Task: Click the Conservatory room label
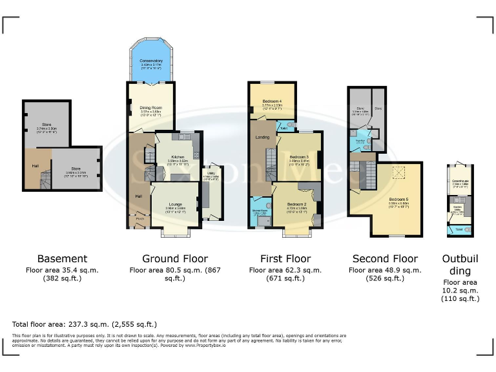point(151,61)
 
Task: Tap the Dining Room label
point(151,108)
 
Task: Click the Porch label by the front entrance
point(139,219)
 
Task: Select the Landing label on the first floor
point(263,137)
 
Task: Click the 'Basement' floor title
point(61,258)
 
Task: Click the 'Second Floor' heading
point(384,258)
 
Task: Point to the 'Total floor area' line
point(84,324)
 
